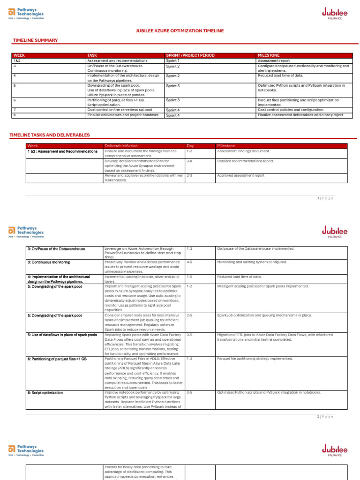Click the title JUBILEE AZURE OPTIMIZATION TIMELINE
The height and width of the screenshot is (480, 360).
[x=180, y=31]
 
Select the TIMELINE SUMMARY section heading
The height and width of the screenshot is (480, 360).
[x=35, y=41]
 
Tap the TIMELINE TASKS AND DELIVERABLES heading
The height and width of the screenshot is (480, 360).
[x=49, y=135]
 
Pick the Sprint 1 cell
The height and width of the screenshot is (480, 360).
[x=173, y=61]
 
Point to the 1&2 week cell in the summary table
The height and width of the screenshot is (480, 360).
[x=17, y=61]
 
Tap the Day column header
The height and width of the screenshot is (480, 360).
[x=190, y=146]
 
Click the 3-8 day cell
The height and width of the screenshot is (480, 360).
[x=190, y=161]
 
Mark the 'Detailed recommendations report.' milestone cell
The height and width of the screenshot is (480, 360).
[x=246, y=161]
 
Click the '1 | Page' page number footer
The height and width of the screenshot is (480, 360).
[x=325, y=198]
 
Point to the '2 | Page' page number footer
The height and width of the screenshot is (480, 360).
[x=325, y=417]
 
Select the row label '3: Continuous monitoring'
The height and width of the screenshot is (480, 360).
[x=49, y=262]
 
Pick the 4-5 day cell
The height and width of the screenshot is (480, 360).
[x=190, y=262]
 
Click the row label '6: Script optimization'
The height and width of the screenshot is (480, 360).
[x=45, y=392]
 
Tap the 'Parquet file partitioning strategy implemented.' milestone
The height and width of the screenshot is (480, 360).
[x=255, y=359]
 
